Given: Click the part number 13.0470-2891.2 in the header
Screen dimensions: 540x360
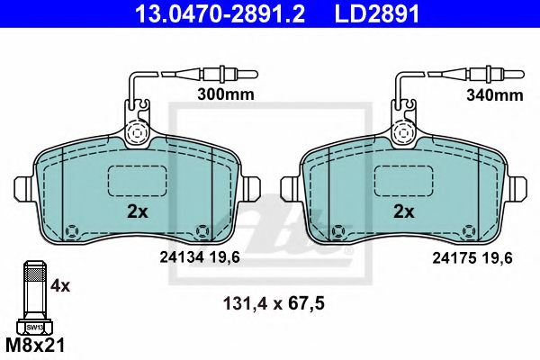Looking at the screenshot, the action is [x=220, y=13].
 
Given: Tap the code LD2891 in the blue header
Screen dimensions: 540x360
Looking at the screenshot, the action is [x=377, y=13].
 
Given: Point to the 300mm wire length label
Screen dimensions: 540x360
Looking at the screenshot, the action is [x=226, y=94].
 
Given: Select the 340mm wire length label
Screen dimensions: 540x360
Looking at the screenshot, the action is [x=494, y=95].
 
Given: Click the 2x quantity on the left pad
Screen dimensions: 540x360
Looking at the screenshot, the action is [x=138, y=211].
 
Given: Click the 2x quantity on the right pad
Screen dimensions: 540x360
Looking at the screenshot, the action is [x=404, y=211].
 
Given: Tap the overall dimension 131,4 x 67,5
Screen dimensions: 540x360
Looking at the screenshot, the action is [x=274, y=304].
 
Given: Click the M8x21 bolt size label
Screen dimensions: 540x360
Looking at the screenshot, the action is [x=35, y=346].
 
